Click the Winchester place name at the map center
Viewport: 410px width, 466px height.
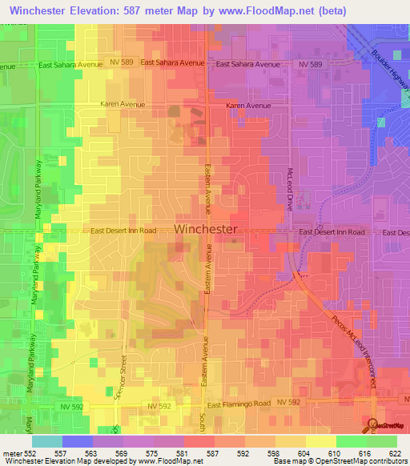click(x=206, y=229)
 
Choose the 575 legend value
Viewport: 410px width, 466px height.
click(x=159, y=453)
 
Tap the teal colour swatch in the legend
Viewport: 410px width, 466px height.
click(x=46, y=441)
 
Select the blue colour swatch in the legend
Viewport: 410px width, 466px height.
click(x=77, y=441)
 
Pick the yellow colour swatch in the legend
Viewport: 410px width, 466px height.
click(x=320, y=441)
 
